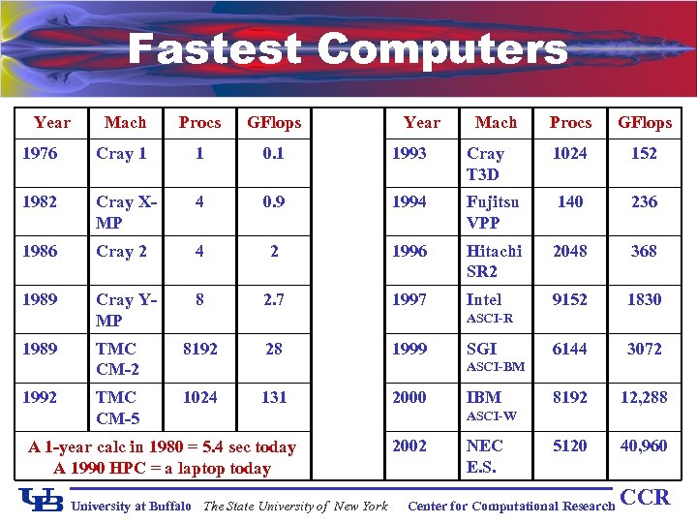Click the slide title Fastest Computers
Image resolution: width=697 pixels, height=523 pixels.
tap(347, 48)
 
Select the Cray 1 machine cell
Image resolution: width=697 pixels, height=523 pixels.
tap(121, 154)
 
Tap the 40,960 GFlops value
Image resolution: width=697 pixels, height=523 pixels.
tap(644, 446)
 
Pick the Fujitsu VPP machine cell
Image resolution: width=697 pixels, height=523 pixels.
tap(493, 212)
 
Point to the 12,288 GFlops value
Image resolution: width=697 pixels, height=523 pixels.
tap(644, 397)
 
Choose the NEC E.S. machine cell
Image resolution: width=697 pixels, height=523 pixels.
tap(485, 456)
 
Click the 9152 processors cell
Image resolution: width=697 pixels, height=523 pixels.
tap(569, 300)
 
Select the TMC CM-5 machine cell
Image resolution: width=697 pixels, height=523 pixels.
tap(117, 407)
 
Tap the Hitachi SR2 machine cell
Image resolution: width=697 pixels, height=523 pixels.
tap(494, 261)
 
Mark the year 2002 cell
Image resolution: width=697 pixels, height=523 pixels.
tap(409, 446)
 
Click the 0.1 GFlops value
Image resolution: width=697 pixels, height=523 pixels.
tap(274, 154)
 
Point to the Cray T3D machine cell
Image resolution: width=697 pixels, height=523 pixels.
tap(485, 164)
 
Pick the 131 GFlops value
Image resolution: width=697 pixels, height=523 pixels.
tap(274, 397)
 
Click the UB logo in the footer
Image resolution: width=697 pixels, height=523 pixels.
tap(41, 500)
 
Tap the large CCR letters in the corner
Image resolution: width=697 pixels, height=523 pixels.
tap(645, 498)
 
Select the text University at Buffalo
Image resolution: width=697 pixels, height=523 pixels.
tap(133, 506)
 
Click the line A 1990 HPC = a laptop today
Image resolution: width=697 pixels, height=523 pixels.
tap(163, 469)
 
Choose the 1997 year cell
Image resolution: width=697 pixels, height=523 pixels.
tap(409, 300)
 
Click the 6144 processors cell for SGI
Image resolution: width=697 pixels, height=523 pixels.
tap(569, 349)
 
